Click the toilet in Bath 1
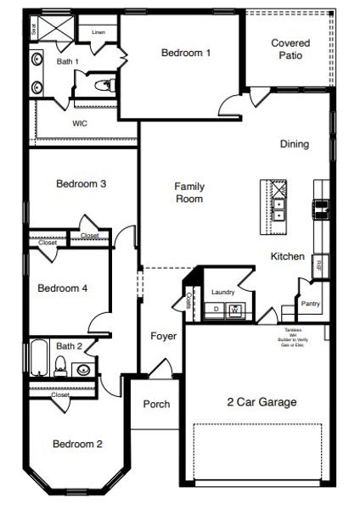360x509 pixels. (103, 84)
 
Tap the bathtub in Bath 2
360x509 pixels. (39, 358)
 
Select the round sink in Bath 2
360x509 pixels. (83, 369)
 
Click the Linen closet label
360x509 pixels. (98, 32)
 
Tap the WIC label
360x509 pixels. (80, 123)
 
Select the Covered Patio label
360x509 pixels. (290, 49)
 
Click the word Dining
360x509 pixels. (294, 144)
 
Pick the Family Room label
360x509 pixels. (188, 193)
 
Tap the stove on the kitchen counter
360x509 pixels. (321, 204)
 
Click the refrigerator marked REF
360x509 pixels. (318, 265)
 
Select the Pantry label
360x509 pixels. (310, 303)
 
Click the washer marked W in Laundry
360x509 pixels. (234, 310)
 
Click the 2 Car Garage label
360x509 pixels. (262, 402)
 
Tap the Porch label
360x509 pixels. (156, 404)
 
